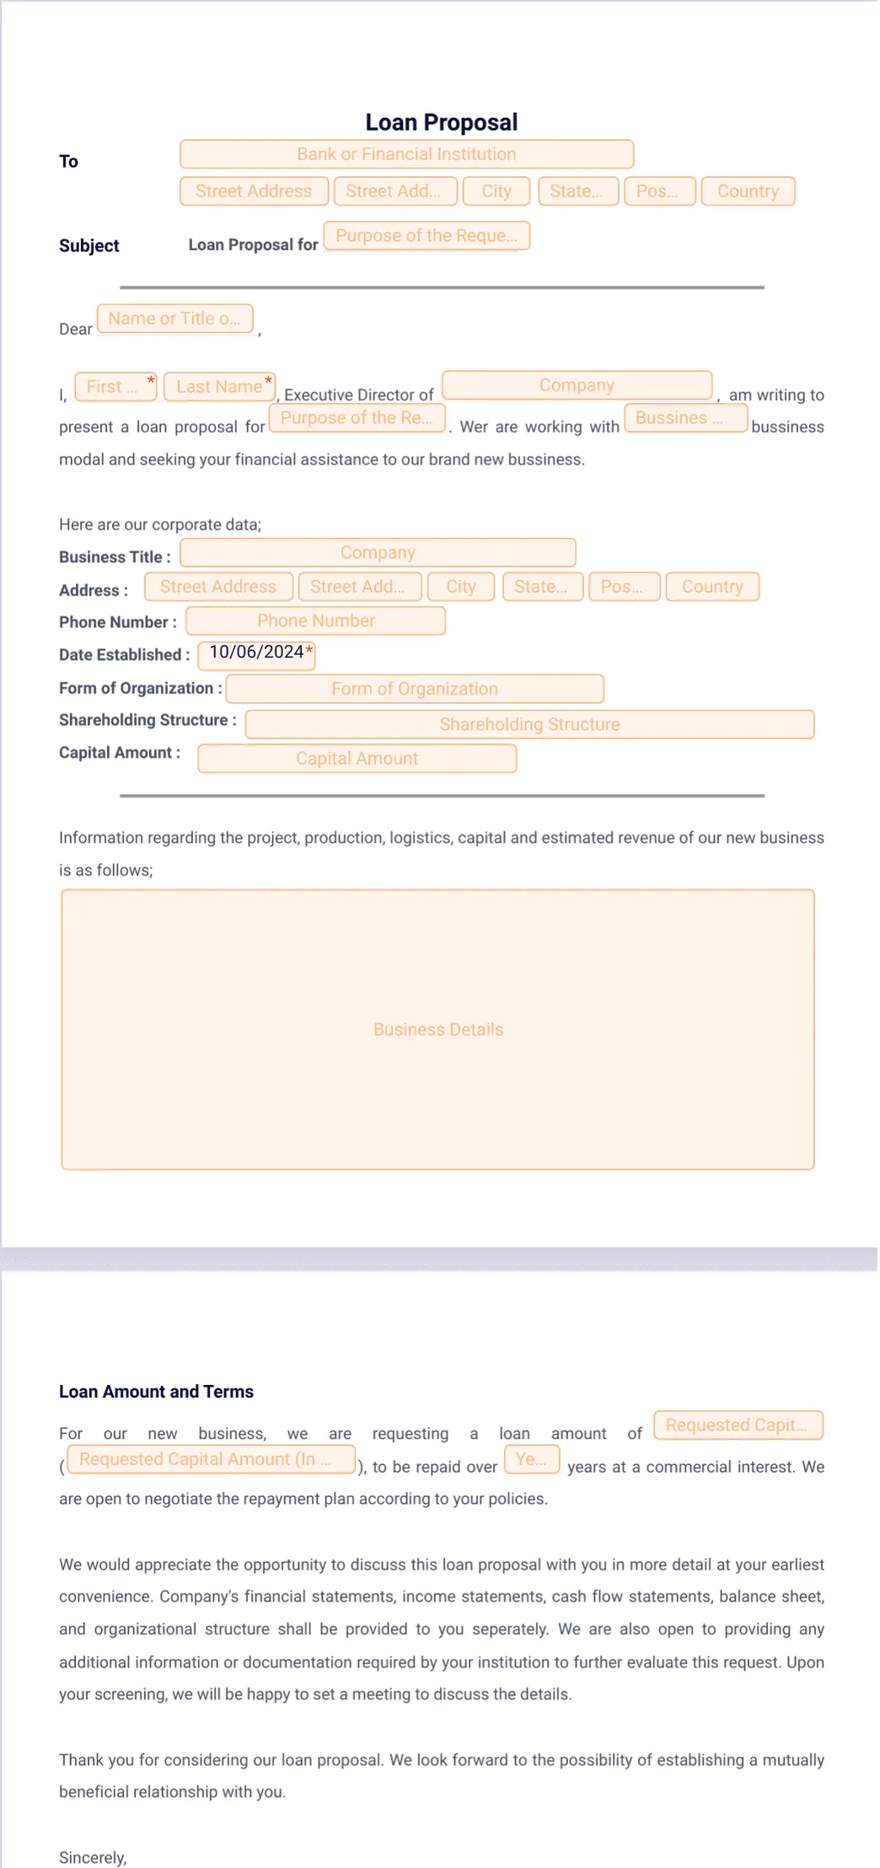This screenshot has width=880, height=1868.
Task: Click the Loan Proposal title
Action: [x=441, y=122]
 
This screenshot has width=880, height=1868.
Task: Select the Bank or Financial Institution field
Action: [x=406, y=154]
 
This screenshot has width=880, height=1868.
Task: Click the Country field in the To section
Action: [x=748, y=191]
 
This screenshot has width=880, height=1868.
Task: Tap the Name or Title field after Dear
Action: [x=174, y=319]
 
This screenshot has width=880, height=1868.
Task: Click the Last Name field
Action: [x=219, y=387]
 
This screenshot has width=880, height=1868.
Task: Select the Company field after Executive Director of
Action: [x=577, y=385]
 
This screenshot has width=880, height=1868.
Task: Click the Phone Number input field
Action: [x=315, y=621]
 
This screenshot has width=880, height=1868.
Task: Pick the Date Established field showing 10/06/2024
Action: [x=256, y=653]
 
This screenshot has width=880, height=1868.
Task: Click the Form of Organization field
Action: [x=415, y=689]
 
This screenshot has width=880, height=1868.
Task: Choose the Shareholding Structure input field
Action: [x=529, y=724]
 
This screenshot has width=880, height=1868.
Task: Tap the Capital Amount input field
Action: [x=357, y=759]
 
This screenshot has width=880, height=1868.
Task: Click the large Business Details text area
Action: [x=437, y=1029]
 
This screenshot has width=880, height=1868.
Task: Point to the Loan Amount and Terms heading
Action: [x=156, y=1392]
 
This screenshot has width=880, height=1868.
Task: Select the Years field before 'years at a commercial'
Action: [x=531, y=1459]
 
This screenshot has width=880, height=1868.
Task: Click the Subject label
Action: [x=89, y=245]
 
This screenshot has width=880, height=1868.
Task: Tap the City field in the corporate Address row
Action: [x=461, y=587]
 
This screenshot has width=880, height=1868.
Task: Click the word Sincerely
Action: [x=93, y=1858]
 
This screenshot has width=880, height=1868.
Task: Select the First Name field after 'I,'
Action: [x=115, y=387]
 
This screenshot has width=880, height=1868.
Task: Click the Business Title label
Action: [x=115, y=557]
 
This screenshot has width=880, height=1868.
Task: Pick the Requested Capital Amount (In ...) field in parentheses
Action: [x=211, y=1459]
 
